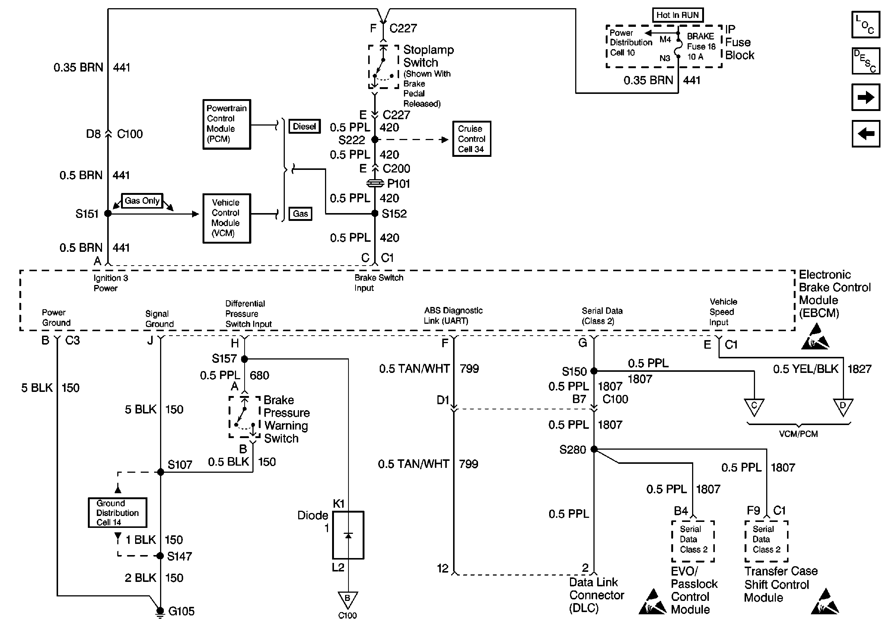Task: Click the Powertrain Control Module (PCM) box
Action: click(x=226, y=124)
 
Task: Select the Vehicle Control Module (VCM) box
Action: click(x=226, y=218)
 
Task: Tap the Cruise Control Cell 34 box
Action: click(x=471, y=139)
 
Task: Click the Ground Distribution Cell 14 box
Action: click(x=117, y=512)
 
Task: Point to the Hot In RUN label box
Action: click(x=677, y=15)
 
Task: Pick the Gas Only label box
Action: click(x=142, y=200)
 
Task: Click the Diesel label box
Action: click(x=305, y=127)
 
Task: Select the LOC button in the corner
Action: click(x=866, y=25)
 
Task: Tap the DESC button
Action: click(x=866, y=61)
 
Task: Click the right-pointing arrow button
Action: click(x=866, y=97)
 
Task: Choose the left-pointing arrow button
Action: click(x=866, y=134)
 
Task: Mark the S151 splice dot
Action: click(x=108, y=213)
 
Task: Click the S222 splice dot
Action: click(x=375, y=139)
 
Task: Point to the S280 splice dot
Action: click(x=594, y=449)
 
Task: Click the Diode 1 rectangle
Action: click(x=348, y=535)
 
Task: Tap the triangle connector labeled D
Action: click(x=843, y=406)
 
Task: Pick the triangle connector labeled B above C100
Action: click(x=348, y=599)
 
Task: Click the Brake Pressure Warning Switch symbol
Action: click(x=245, y=417)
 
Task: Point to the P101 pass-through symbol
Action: click(x=375, y=183)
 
